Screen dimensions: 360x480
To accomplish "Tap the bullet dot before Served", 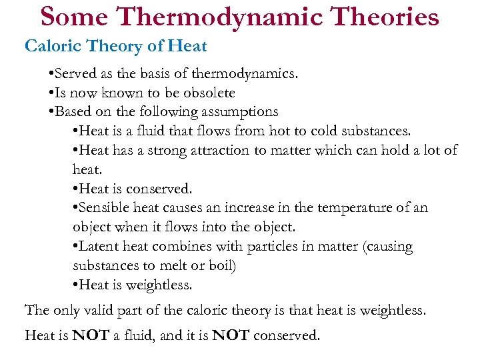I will click(x=52, y=74).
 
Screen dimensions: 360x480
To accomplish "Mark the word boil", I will click(x=222, y=266).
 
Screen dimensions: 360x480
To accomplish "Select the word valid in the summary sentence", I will click(x=103, y=310).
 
